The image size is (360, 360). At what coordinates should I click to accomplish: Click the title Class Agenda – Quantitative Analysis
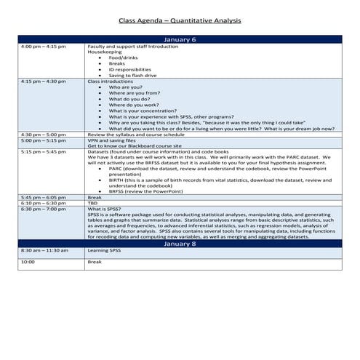tap(180, 21)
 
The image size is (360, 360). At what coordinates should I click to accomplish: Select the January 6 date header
tap(180, 39)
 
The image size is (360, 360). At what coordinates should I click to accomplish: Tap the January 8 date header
tap(180, 244)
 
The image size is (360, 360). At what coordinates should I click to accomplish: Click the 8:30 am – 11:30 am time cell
tap(41, 251)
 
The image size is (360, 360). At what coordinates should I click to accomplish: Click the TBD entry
tap(92, 203)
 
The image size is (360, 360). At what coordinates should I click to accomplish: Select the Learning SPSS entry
tap(103, 251)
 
